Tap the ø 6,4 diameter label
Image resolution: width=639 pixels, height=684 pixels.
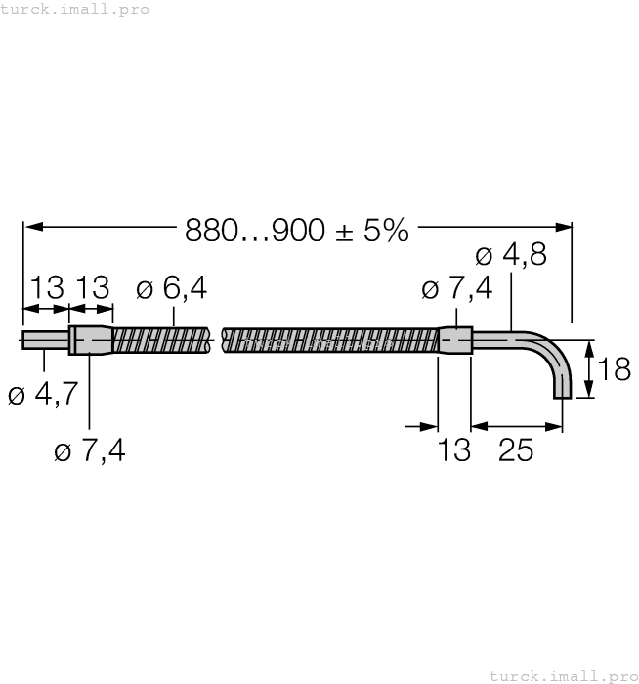172,289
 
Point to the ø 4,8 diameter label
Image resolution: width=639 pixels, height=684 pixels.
510,256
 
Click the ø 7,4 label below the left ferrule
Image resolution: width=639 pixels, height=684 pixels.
90,450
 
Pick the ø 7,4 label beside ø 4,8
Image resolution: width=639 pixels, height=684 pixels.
456,290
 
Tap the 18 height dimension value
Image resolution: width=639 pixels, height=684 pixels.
615,370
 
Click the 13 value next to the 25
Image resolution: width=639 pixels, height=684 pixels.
454,450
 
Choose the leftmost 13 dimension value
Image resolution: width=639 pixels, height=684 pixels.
46,289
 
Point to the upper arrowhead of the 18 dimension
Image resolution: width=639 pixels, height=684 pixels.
588,347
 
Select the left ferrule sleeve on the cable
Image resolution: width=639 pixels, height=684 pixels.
91,340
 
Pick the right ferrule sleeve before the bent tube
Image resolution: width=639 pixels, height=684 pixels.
455,340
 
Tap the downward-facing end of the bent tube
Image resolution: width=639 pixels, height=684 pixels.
561,393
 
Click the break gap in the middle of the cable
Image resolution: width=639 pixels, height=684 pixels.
217,340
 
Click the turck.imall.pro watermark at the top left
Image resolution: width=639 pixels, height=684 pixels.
75,9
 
